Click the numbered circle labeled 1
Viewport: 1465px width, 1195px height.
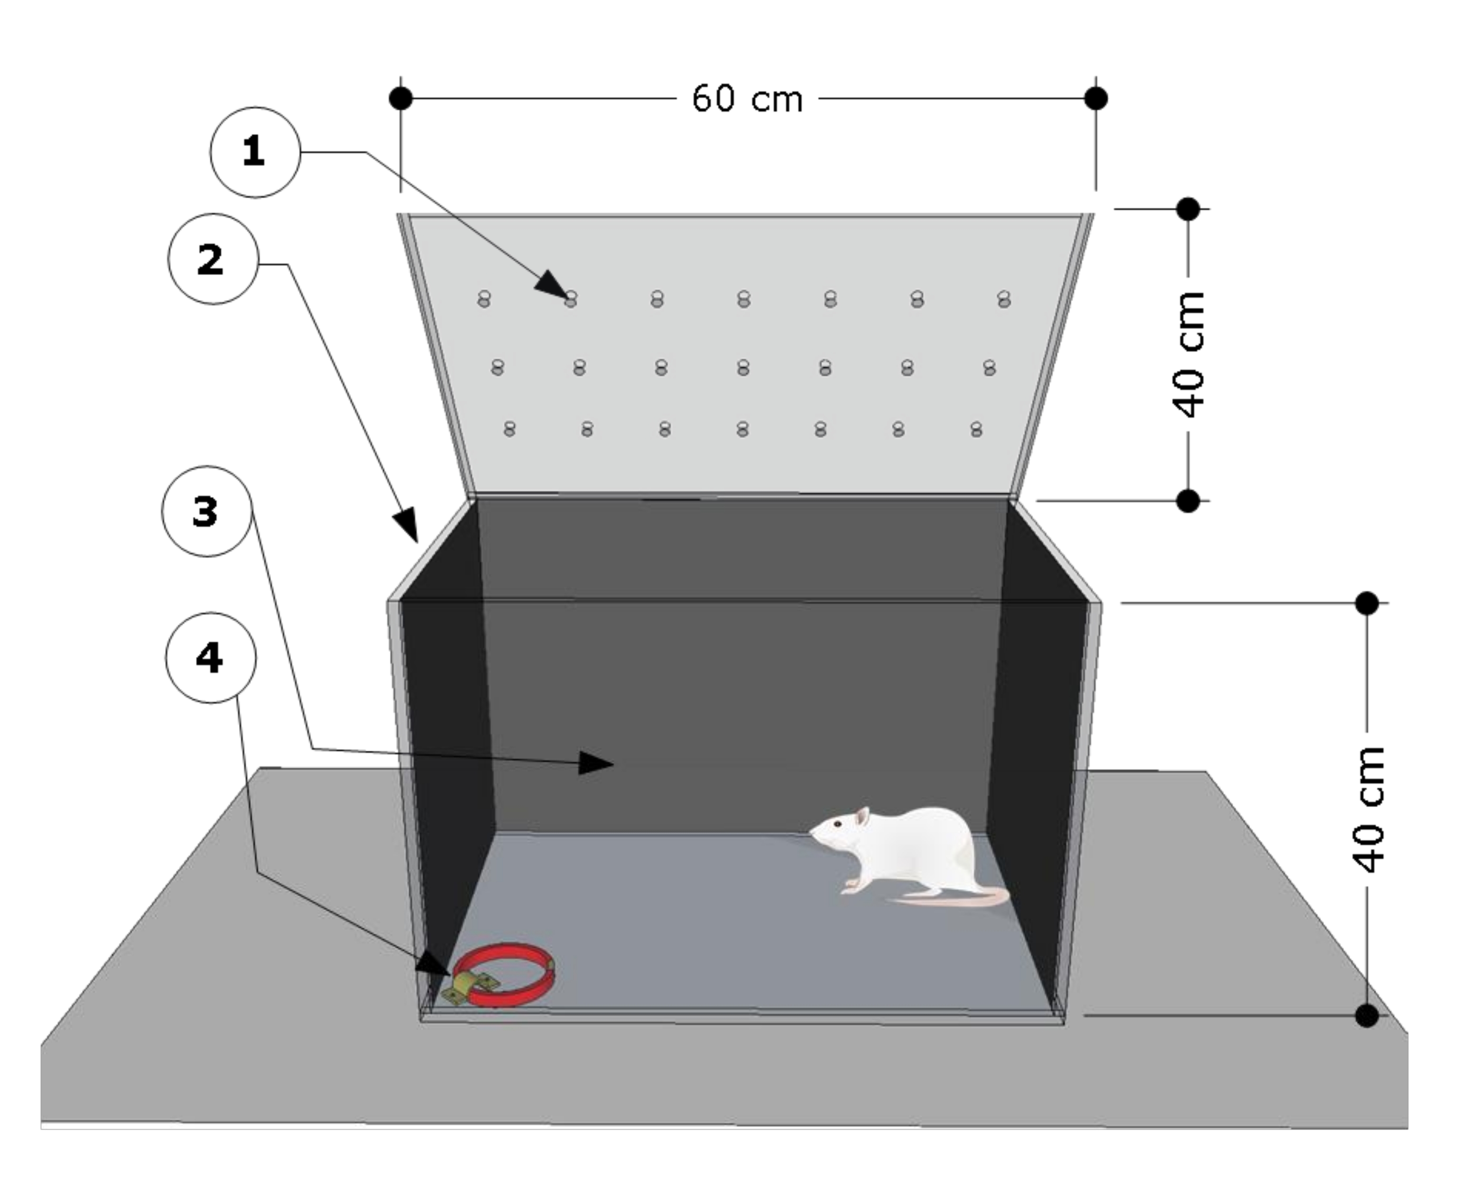tap(255, 152)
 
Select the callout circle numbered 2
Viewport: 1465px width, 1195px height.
tap(213, 259)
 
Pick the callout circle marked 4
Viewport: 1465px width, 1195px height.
tap(210, 657)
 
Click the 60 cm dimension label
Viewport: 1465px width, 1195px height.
tap(747, 99)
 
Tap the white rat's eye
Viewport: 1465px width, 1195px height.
tap(837, 823)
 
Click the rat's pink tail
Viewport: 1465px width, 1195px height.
tap(950, 898)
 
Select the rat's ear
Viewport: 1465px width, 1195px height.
tap(862, 817)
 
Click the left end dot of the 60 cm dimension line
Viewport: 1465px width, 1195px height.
tap(401, 99)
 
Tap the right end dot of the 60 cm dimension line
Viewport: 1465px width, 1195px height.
tap(1096, 99)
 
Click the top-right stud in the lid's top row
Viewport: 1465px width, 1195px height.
tap(1003, 299)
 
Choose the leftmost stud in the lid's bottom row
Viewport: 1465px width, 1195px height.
tap(510, 429)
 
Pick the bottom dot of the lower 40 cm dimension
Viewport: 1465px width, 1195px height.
tap(1366, 1015)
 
